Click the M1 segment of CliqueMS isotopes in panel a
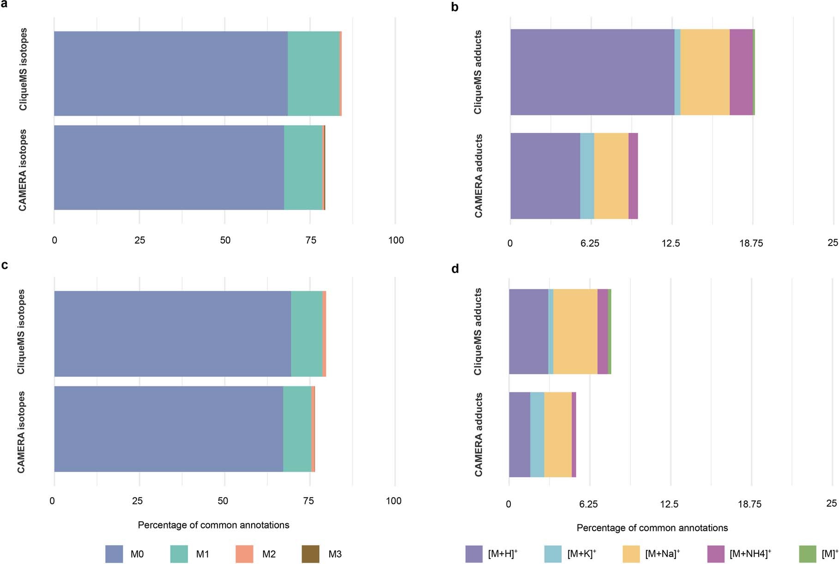(x=313, y=73)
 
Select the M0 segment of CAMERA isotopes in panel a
(x=169, y=168)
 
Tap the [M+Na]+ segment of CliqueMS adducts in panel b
(x=705, y=72)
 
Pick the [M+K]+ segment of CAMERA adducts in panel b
(x=587, y=176)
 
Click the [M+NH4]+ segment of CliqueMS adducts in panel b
(x=741, y=72)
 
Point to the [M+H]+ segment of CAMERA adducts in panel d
(x=520, y=434)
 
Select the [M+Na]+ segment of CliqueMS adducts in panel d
(x=575, y=331)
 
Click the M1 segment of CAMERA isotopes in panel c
(x=297, y=429)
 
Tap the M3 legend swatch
(x=310, y=554)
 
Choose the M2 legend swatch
(x=244, y=554)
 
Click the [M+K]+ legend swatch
(x=553, y=554)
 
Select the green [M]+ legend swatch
(x=808, y=554)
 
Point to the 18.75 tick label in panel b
(x=751, y=243)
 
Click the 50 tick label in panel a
(x=225, y=240)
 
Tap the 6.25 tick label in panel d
(x=588, y=504)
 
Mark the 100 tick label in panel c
(x=393, y=501)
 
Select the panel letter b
(x=454, y=7)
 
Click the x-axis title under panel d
(x=652, y=528)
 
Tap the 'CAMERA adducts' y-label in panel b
(x=478, y=176)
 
